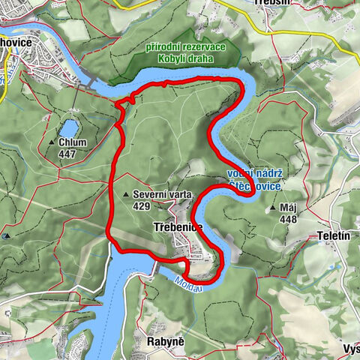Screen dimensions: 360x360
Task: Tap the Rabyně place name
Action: pos(165,342)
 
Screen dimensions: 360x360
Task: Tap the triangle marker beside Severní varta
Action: pos(125,194)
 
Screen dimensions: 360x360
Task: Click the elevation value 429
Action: pos(140,205)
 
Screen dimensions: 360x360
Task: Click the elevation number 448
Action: pos(288,219)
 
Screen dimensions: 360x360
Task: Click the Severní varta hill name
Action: pos(162,194)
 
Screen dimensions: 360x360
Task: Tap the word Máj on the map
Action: pos(288,207)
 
